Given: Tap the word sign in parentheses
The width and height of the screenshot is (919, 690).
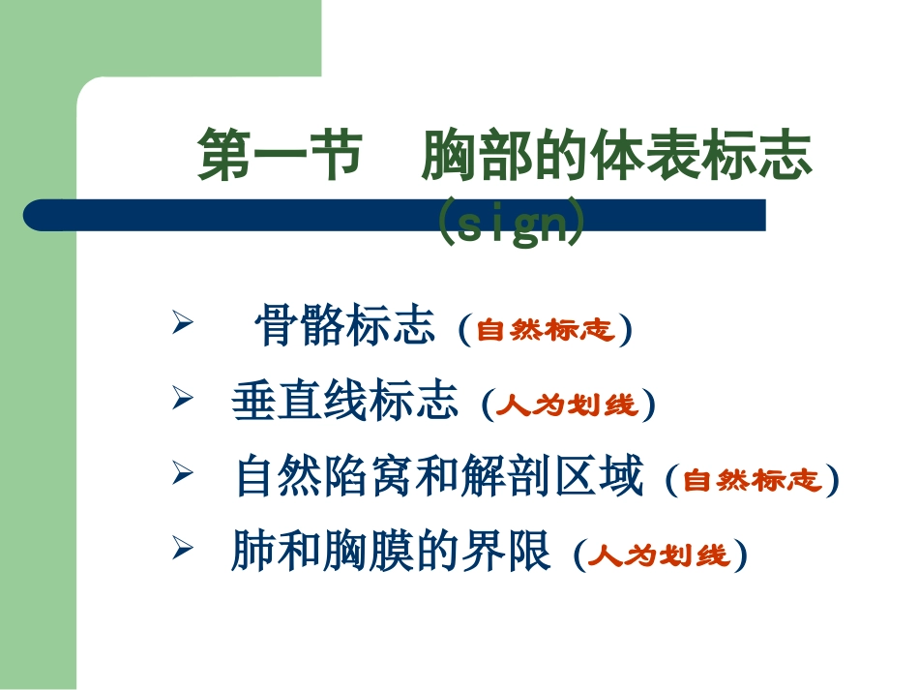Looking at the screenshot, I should [x=510, y=224].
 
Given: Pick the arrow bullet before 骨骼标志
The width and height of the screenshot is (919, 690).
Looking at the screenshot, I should [x=178, y=321].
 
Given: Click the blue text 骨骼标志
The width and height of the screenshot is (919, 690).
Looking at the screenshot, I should [x=344, y=327].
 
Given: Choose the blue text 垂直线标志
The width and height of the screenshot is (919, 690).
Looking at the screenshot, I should [x=344, y=402].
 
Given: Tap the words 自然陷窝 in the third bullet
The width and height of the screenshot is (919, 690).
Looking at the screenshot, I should [x=314, y=478].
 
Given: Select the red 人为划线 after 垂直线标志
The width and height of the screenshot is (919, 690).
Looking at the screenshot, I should [x=568, y=405].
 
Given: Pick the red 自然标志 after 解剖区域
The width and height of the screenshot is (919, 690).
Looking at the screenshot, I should [x=752, y=481].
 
